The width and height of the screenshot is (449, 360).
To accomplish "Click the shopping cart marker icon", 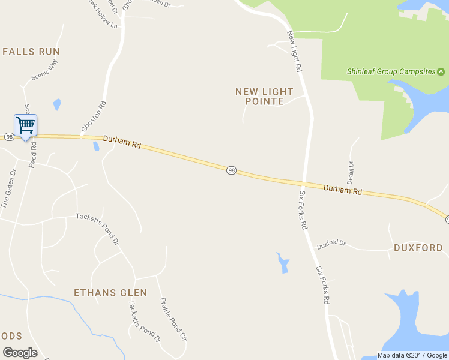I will click(25, 126).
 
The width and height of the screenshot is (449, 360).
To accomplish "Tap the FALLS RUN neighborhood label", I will click(31, 52).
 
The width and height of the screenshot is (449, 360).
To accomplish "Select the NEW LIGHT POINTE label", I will click(264, 97).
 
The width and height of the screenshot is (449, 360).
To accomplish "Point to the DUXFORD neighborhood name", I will click(418, 248).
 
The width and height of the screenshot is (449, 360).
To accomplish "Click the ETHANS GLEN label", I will click(110, 293).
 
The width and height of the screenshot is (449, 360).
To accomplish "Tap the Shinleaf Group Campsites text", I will click(391, 71).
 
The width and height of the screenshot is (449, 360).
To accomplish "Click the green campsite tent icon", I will click(441, 71).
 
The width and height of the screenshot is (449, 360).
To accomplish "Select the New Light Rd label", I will click(294, 52).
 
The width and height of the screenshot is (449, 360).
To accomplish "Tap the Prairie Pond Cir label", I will click(173, 319).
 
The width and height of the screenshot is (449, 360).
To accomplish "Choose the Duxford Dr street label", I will click(332, 244).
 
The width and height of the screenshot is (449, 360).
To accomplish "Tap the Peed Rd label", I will click(32, 155).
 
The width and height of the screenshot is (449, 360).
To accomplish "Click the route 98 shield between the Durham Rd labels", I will click(232, 171).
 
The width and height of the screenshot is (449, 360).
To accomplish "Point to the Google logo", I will click(20, 353).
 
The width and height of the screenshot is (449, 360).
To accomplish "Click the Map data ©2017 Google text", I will click(412, 355).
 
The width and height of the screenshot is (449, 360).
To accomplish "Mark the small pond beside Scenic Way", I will click(57, 105).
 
